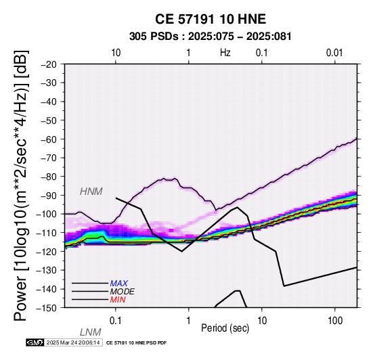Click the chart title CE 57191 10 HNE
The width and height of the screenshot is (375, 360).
[211, 19]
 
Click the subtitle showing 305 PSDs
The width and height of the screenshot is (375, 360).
[211, 37]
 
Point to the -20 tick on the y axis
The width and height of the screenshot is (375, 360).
[49, 64]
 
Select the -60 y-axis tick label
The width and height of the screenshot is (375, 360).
[49, 139]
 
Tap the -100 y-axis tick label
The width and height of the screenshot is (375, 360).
[47, 214]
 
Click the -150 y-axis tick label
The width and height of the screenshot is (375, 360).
[47, 308]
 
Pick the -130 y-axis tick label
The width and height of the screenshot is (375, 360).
[47, 270]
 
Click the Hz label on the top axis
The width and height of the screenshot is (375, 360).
[225, 53]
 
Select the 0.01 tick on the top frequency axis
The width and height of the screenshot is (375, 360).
[334, 53]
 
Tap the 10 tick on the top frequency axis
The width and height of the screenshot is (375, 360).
[116, 53]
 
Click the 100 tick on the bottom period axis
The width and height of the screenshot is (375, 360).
[335, 321]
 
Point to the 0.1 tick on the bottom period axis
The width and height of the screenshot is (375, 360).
[116, 321]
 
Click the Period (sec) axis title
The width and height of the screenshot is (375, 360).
[225, 328]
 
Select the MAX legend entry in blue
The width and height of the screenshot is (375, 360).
[119, 284]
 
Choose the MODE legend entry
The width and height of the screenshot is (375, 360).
[123, 292]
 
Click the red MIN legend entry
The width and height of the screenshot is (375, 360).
[118, 300]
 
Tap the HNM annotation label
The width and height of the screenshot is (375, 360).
[91, 192]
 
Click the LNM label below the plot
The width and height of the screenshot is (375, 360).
[91, 332]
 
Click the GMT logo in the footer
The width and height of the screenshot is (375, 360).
[35, 342]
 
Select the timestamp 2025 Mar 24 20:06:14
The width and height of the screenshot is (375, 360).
[73, 342]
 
